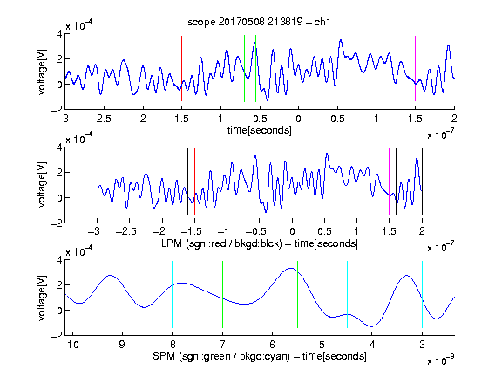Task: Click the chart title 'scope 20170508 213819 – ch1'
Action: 259,22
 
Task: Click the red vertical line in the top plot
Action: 181,69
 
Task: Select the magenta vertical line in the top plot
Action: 415,69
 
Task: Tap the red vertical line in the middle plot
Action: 194,182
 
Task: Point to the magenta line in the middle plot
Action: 389,182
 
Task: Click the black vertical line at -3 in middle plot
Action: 98,182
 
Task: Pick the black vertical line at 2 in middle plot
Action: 422,182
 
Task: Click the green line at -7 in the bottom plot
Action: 222,295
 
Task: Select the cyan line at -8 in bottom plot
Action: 173,295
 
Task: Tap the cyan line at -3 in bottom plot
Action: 422,295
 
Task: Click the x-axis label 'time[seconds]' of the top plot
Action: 260,130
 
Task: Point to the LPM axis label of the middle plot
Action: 260,243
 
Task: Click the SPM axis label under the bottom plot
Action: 260,356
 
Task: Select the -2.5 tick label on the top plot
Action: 101,119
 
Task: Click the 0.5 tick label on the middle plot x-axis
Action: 324,231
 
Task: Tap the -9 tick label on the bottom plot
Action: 119,345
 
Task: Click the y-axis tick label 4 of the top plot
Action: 59,34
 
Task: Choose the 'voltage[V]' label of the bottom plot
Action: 42,298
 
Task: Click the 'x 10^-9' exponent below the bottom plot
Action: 440,360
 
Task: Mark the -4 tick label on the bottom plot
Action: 370,345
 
